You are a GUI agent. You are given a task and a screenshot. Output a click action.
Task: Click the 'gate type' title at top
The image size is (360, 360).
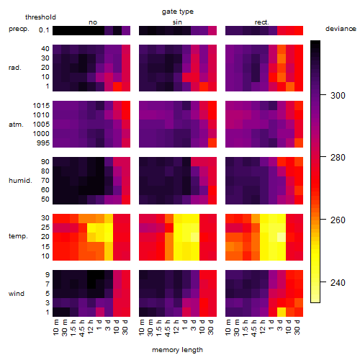[x=178, y=12]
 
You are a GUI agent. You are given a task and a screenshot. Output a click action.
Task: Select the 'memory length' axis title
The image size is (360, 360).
[x=178, y=350]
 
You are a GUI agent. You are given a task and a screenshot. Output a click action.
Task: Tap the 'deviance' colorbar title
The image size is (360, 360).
[x=341, y=29]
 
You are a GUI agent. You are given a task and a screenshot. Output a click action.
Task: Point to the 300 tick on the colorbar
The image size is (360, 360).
[x=323, y=95]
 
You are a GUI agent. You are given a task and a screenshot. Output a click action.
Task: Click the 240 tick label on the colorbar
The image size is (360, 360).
[x=338, y=282]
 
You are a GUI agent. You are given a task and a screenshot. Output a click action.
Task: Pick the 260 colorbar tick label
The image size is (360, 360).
[x=338, y=220]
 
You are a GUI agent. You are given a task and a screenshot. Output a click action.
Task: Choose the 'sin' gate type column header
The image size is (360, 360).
[x=177, y=22]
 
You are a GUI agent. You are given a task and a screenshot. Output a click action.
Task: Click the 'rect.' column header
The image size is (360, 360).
[x=262, y=22]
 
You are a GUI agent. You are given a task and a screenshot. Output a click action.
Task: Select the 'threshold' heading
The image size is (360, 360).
[x=40, y=17]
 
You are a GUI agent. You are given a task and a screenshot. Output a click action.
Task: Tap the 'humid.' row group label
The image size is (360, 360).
[x=20, y=181]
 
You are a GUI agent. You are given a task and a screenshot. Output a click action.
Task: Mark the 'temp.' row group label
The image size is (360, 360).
[x=18, y=236]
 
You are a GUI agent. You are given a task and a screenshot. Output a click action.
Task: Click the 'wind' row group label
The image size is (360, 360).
[x=17, y=294]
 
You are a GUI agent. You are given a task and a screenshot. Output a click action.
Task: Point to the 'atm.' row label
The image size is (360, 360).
[x=16, y=125]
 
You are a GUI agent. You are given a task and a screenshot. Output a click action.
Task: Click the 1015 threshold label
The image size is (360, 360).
[x=41, y=106]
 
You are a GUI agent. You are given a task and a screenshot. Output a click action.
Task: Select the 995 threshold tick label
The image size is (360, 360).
[x=43, y=143]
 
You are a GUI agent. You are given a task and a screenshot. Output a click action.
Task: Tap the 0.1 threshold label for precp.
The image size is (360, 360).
[x=44, y=30]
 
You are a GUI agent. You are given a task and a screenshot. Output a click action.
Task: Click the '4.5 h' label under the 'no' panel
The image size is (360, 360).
[x=81, y=328]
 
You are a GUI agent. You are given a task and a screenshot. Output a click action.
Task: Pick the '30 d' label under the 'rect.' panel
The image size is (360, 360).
[x=297, y=327]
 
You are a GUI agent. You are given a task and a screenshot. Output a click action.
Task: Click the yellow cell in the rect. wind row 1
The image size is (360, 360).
[x=282, y=312]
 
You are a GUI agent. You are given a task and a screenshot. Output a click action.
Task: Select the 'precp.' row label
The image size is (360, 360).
[x=19, y=29]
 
